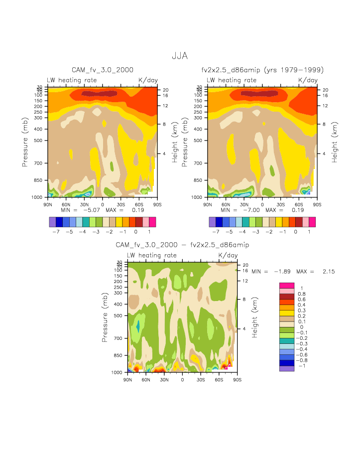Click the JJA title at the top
click(x=180, y=56)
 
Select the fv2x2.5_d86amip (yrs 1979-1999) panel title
click(x=262, y=70)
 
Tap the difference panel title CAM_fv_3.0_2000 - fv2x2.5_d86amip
click(x=182, y=245)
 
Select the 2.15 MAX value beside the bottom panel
click(x=315, y=272)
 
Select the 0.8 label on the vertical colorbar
click(x=301, y=294)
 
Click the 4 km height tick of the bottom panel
click(x=245, y=329)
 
